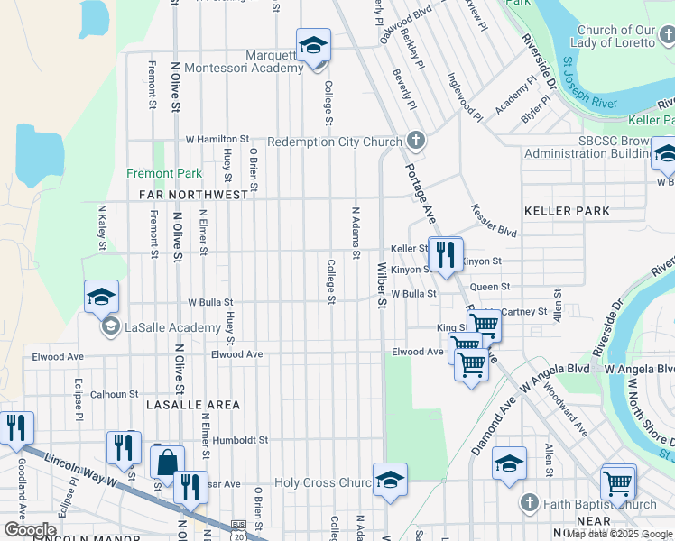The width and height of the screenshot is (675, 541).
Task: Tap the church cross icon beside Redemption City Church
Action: [415, 141]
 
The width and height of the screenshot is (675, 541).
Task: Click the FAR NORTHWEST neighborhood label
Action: [193, 194]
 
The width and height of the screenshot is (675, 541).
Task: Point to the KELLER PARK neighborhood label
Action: [567, 211]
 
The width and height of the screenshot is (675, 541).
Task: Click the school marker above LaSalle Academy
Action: [101, 297]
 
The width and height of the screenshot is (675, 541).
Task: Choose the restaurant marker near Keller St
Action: [444, 254]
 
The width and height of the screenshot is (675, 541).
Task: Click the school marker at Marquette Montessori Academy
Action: [313, 46]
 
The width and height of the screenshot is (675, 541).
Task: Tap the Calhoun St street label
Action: [114, 394]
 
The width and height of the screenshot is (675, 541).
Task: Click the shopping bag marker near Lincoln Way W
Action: [167, 463]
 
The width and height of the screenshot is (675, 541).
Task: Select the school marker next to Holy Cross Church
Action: [390, 481]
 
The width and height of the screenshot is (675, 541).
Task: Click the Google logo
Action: [30, 530]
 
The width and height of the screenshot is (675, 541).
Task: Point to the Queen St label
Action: [490, 287]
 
